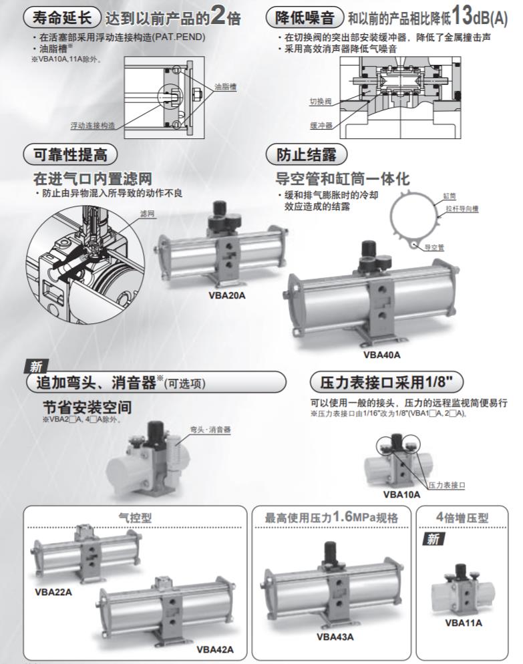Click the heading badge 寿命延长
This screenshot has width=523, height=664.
tap(62, 17)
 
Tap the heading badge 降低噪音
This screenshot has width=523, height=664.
tap(304, 17)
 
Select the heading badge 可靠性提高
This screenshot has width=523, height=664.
tap(70, 154)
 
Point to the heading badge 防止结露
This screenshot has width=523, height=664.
tap(306, 154)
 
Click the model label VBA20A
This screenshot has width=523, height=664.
tap(226, 295)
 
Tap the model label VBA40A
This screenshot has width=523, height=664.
tap(381, 355)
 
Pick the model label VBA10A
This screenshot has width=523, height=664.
tap(401, 494)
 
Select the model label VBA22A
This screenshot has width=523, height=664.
tap(53, 592)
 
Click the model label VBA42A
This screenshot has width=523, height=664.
tap(214, 649)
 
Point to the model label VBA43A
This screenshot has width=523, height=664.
tap(335, 637)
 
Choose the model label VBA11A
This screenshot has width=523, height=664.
tap(464, 623)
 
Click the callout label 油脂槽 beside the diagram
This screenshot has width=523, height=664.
tap(225, 87)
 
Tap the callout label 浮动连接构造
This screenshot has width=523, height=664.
tap(92, 126)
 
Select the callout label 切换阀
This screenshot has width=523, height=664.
tap(321, 102)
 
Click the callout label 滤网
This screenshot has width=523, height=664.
tap(148, 214)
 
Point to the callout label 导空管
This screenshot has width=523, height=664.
tap(434, 247)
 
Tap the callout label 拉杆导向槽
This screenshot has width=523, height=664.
tap(462, 209)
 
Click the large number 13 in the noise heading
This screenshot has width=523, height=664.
tap(462, 15)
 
